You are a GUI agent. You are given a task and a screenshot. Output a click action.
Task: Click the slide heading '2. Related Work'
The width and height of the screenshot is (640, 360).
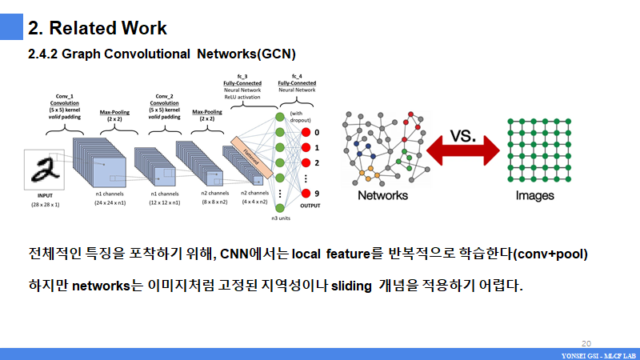coord(98,28)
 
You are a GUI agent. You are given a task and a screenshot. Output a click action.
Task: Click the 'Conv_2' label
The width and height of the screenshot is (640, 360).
coord(164,95)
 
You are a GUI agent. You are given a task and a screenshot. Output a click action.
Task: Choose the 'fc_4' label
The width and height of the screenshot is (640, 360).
coord(296,75)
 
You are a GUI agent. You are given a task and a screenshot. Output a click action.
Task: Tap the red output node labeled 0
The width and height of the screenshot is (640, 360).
coord(305,132)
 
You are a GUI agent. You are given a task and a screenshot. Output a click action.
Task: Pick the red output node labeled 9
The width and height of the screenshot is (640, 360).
coord(305,193)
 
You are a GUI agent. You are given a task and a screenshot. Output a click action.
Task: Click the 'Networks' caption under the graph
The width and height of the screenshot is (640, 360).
coord(382,195)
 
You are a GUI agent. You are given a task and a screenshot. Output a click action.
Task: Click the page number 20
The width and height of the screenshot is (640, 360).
coord(586,341)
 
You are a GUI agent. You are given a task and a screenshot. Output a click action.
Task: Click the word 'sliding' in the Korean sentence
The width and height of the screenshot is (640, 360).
coord(353,285)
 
